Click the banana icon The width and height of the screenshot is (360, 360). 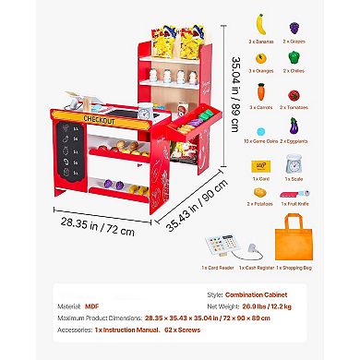coord(261,20)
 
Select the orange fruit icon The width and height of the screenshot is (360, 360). coord(261,57)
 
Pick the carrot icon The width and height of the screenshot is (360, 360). coord(261,92)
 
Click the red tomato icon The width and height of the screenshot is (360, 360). coord(295,94)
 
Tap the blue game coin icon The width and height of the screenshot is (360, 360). coord(261,130)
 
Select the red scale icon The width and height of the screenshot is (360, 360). coord(295,165)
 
